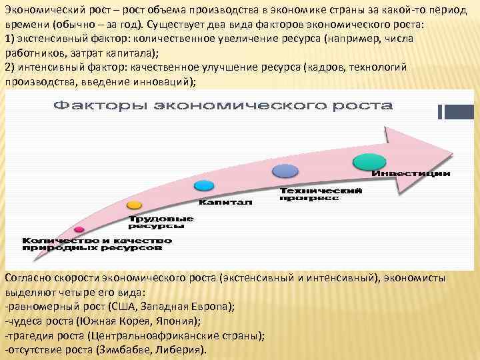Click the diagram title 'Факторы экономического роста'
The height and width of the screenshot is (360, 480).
[x=223, y=106]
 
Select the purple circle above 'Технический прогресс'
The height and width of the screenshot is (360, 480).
[x=285, y=171]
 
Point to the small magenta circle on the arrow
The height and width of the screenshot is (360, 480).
[x=79, y=229]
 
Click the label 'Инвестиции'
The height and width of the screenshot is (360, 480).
[x=411, y=174]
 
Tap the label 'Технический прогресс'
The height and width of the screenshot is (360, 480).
[x=321, y=194]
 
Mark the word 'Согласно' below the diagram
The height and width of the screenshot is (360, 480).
[x=27, y=278]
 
